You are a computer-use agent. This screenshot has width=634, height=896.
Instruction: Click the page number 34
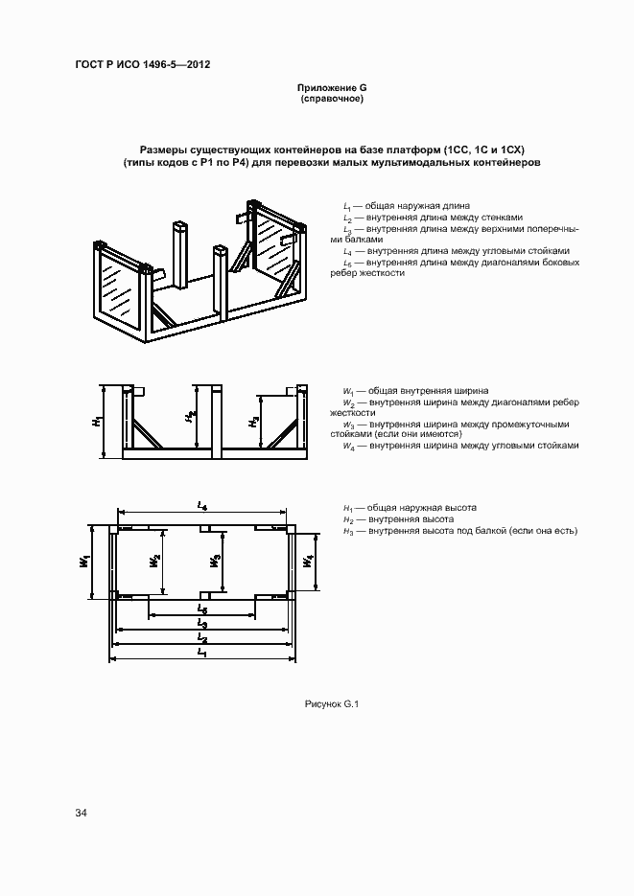click(82, 814)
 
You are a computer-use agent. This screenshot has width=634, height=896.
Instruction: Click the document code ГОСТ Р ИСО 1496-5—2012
click(143, 65)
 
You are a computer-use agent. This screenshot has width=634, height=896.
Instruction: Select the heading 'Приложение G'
click(332, 88)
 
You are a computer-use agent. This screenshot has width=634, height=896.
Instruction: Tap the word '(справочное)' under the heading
click(332, 99)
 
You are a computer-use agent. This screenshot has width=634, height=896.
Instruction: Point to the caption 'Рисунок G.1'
click(331, 704)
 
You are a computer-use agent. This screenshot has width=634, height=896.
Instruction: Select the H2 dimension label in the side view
click(192, 416)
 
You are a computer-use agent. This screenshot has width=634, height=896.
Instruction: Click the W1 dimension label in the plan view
click(85, 560)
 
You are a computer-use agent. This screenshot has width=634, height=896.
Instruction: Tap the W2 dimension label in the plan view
click(155, 561)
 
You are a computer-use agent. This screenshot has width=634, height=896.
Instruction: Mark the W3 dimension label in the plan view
click(217, 561)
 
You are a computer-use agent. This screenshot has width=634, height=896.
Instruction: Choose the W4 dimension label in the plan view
click(307, 561)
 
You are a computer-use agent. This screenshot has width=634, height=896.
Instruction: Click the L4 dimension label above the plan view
click(202, 505)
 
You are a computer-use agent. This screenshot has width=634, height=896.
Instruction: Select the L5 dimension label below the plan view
click(201, 608)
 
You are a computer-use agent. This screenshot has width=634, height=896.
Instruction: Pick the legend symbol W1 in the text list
click(348, 391)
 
